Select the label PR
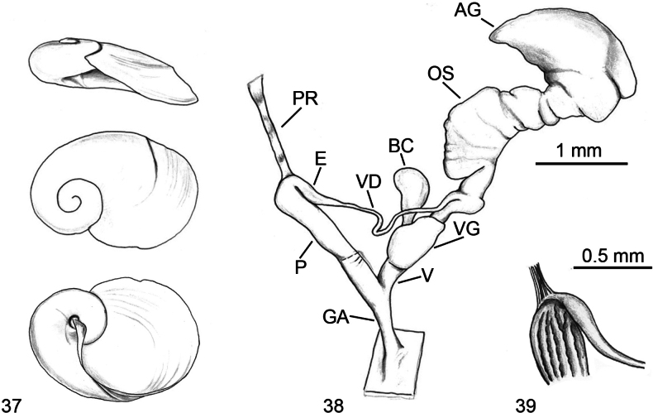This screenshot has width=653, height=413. [305, 98]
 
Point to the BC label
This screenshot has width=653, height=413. [401, 146]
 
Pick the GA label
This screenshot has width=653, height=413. [335, 318]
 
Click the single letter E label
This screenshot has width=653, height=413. [321, 159]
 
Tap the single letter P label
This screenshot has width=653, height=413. [300, 267]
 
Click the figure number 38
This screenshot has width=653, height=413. [334, 404]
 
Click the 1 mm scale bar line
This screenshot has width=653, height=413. [581, 164]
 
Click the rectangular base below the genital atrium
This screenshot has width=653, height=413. [395, 363]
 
